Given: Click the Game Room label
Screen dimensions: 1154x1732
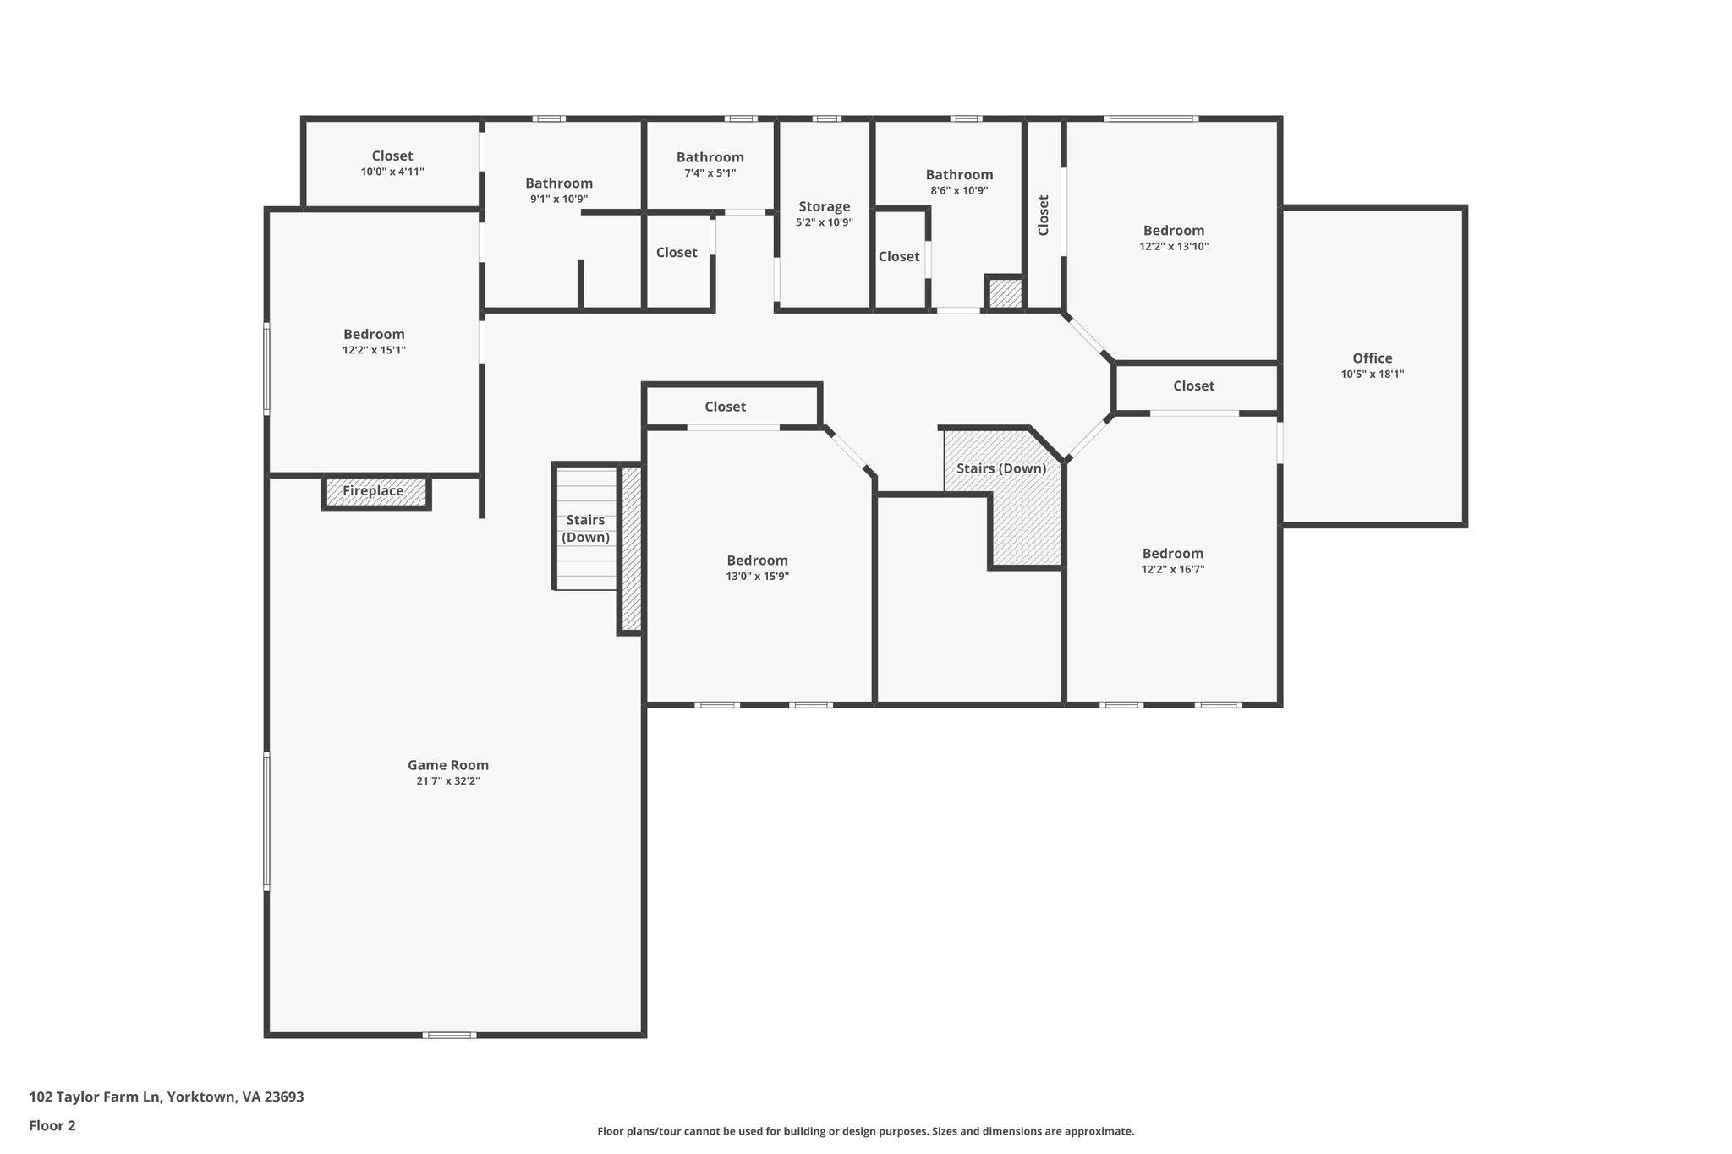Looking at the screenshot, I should [448, 765].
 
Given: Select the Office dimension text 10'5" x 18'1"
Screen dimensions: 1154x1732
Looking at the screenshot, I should [1372, 374].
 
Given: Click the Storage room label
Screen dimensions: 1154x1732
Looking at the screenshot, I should [824, 206].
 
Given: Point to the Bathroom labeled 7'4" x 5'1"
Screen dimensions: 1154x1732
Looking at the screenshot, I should [710, 157].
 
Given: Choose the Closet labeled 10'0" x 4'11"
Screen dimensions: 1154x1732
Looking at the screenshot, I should [392, 156].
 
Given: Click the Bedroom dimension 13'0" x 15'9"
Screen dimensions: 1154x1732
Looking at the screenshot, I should [757, 576].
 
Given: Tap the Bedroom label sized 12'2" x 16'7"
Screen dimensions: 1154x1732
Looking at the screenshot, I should [1172, 554].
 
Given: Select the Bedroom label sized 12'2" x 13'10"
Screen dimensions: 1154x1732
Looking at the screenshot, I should [1173, 231].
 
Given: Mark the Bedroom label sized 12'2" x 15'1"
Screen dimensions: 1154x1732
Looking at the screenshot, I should [374, 334].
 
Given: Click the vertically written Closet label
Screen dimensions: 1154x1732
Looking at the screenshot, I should [1044, 215].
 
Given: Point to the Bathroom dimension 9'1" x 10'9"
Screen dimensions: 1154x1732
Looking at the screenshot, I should [559, 199].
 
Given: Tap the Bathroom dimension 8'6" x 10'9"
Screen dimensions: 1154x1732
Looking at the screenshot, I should [959, 190].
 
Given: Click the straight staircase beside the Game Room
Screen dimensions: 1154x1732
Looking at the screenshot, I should [585, 528].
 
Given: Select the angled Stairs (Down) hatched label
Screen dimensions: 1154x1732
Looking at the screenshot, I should [1001, 468].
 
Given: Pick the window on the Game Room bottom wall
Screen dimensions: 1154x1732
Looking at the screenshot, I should [449, 1035].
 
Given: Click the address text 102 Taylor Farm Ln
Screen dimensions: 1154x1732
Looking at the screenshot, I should [167, 1097].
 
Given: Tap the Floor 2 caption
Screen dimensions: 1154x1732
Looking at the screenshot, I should [52, 1125].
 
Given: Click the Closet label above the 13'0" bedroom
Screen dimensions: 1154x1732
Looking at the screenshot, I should [725, 407].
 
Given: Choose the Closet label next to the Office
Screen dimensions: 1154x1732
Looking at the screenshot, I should [1193, 386].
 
